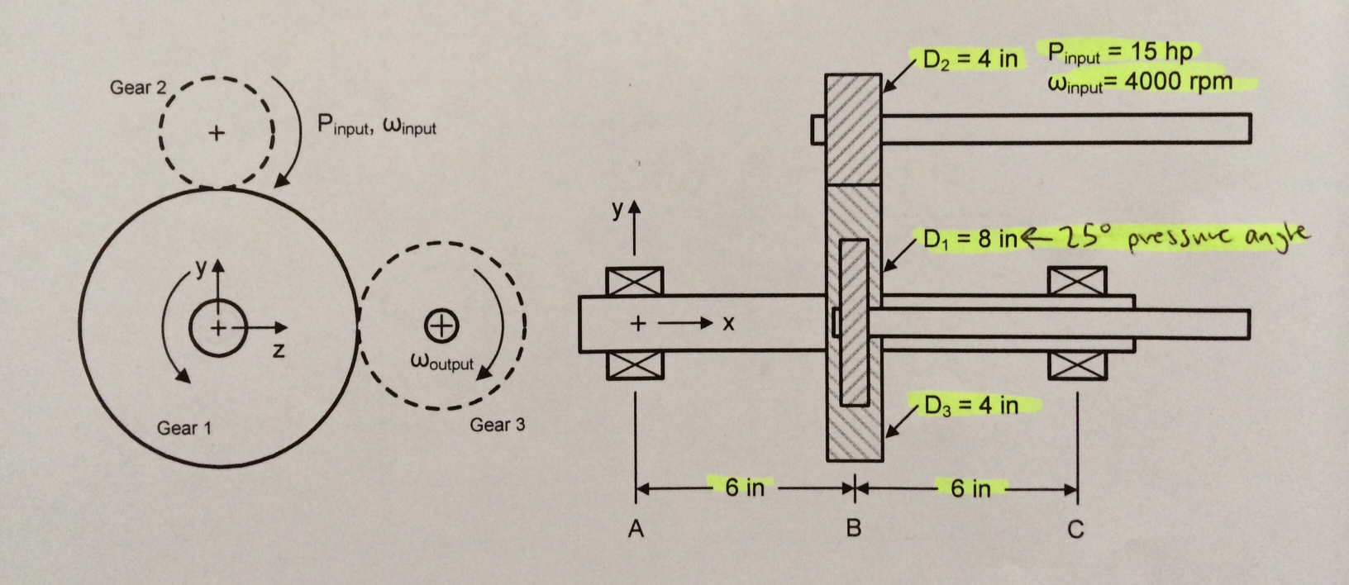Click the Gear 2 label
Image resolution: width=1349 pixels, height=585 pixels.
pos(138,88)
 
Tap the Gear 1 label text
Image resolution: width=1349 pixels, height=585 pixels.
pos(184,428)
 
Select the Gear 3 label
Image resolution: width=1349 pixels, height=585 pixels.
pos(497,425)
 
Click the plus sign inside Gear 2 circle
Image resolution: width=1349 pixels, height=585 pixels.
pos(216,132)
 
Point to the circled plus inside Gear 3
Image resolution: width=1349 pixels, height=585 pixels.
pos(441,326)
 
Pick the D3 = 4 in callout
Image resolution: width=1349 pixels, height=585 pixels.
pos(970,406)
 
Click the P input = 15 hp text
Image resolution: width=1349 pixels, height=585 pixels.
pos(1120,53)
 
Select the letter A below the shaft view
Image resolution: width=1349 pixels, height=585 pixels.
pos(635,529)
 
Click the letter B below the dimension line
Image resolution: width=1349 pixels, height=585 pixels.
pos(854,529)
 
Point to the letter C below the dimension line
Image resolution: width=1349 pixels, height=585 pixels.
pos(1075,529)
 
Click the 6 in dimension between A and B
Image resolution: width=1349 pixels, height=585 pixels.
pos(744,487)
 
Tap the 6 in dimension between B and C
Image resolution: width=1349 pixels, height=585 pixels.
pos(970,488)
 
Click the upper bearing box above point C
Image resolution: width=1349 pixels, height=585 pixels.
pos(1078,281)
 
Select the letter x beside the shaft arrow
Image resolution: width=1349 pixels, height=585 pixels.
pos(728,323)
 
